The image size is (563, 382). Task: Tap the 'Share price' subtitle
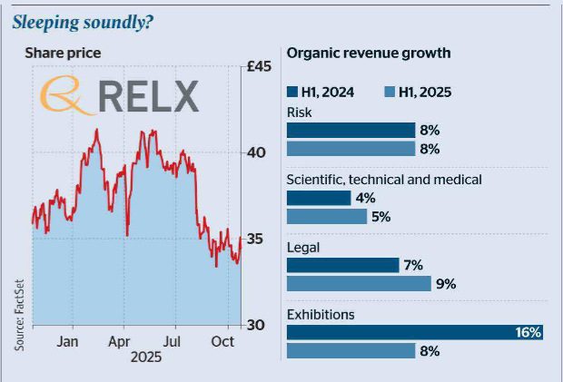coord(62,53)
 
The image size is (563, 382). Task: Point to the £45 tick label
coord(264,66)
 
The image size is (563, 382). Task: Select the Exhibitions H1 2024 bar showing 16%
coord(413,332)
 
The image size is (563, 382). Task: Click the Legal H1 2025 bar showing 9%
coord(359,284)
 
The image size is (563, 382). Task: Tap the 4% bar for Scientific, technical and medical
coord(318,198)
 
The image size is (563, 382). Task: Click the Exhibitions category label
coord(321,314)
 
